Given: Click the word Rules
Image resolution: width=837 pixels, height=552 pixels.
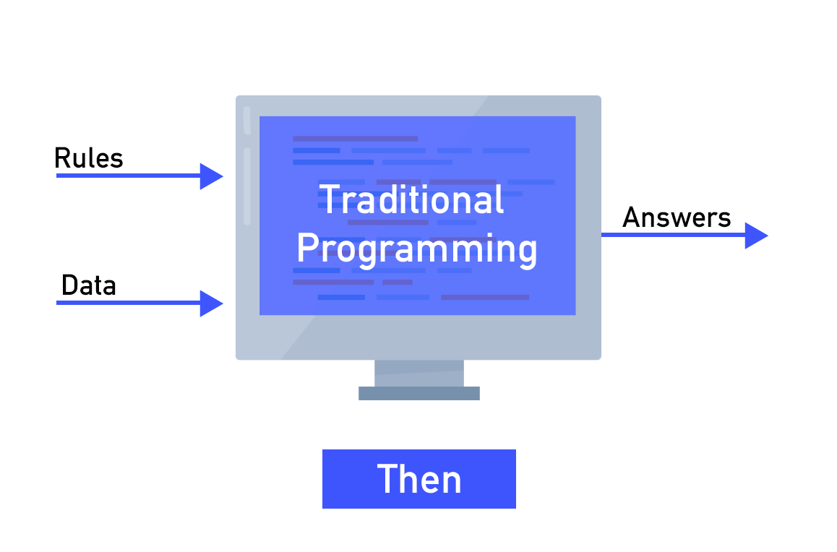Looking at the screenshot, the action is [x=89, y=158].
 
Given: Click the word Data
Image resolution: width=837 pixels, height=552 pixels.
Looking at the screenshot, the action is [x=89, y=285].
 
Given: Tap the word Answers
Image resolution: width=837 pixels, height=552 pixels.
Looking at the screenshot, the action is [x=677, y=217].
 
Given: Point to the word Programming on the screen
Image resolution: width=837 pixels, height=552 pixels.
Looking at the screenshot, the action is [x=417, y=249].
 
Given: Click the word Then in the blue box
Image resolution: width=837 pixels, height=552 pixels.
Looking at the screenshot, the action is [x=419, y=479].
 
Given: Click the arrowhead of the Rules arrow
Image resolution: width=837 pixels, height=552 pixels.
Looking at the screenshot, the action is [x=211, y=176].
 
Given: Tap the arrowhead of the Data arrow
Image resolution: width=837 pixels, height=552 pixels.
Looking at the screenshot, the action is [x=211, y=303].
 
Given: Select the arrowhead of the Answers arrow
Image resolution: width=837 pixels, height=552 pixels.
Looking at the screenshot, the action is [x=756, y=236].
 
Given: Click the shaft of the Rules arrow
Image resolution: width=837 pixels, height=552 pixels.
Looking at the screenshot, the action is [x=128, y=176].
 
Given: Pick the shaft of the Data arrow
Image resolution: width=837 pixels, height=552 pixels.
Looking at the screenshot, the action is [x=128, y=303].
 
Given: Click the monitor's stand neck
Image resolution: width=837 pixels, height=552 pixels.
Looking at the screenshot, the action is [x=419, y=374].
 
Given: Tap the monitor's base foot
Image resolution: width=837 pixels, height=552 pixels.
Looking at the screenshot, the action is [x=419, y=394].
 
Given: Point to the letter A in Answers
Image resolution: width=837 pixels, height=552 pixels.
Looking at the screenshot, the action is [x=632, y=217].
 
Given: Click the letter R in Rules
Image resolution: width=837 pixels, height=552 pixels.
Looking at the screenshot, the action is [x=63, y=158].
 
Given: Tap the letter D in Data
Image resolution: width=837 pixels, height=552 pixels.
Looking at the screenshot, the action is [x=70, y=285].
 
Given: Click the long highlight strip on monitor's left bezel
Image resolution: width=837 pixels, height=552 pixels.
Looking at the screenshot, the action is [x=247, y=186].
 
